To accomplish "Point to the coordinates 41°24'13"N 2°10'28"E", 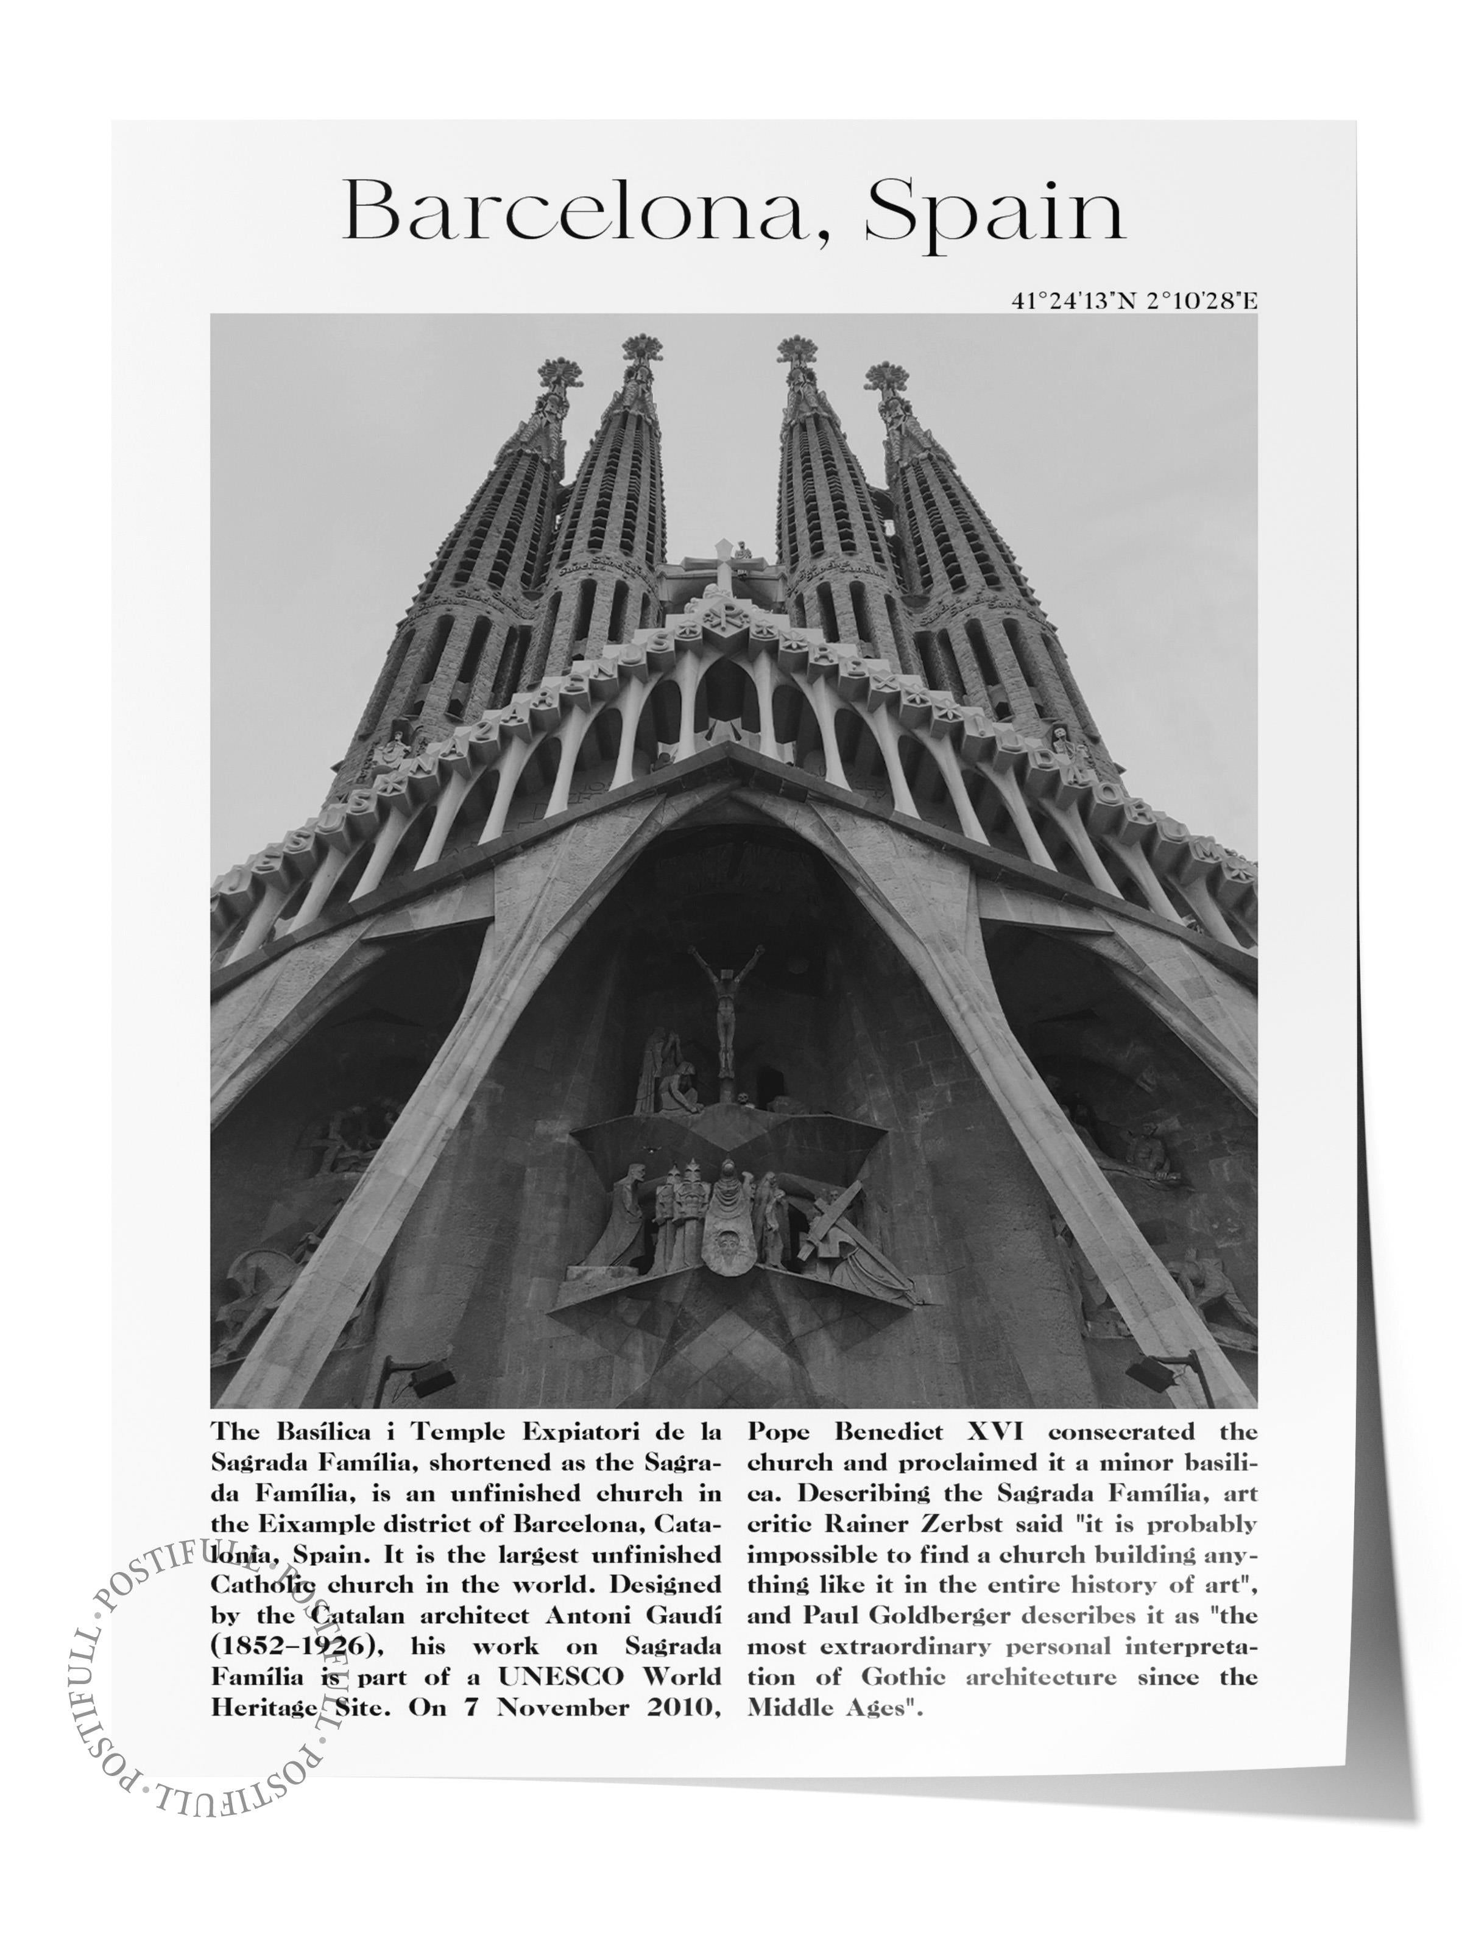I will [1133, 301].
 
